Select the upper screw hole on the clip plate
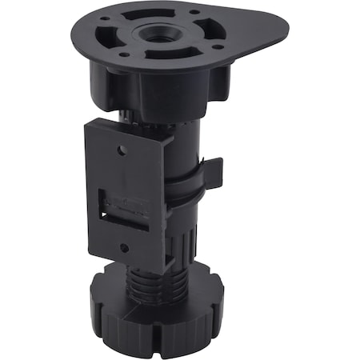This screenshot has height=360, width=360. point(122,149)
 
